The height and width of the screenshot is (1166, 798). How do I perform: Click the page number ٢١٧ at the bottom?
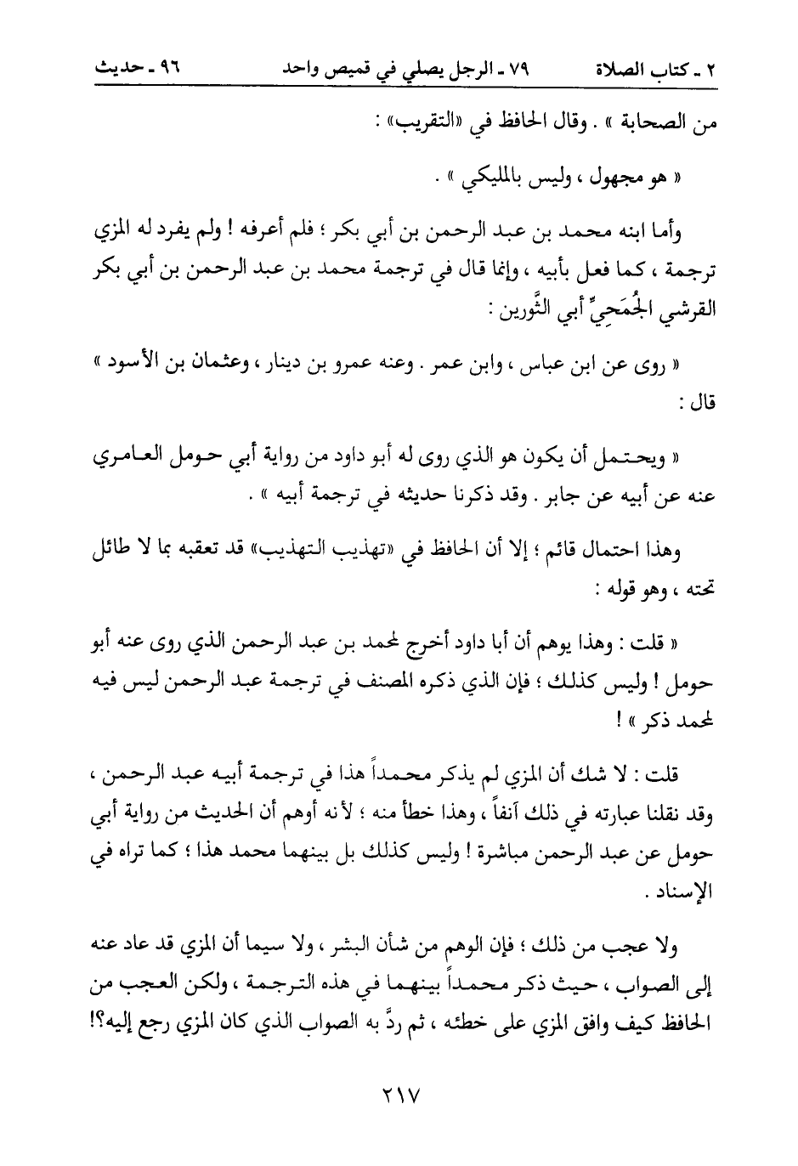coord(399,1093)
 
